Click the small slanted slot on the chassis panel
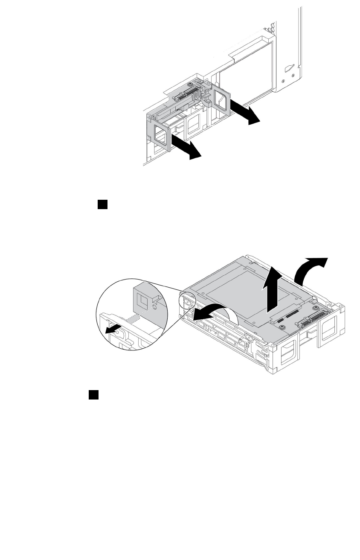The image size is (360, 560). [x=290, y=68]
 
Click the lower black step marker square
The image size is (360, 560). [x=94, y=394]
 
